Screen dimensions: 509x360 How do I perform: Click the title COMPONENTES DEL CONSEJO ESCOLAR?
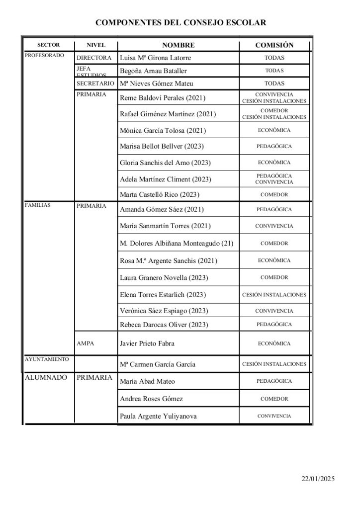click(180, 22)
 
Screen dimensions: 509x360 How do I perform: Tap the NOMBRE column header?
click(178, 45)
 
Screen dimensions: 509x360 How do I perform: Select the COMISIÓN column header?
click(274, 45)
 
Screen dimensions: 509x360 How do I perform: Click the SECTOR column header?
click(48, 45)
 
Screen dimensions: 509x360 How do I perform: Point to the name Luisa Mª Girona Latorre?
click(156, 58)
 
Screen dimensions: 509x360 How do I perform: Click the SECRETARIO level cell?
click(95, 83)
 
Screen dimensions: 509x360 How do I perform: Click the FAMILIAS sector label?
click(38, 205)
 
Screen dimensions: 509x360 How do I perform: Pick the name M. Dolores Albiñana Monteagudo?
click(177, 244)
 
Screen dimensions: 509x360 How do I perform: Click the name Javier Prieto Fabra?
click(148, 343)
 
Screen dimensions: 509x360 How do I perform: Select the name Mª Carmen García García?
click(158, 364)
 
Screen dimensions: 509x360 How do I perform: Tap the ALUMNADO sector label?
click(46, 378)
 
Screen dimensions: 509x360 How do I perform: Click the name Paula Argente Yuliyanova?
click(158, 416)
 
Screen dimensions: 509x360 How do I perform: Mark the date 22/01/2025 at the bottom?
click(318, 479)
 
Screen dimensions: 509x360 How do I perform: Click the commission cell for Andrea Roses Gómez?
click(274, 399)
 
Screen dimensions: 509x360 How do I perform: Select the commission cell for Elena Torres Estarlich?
click(274, 295)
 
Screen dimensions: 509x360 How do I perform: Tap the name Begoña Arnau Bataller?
click(154, 71)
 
